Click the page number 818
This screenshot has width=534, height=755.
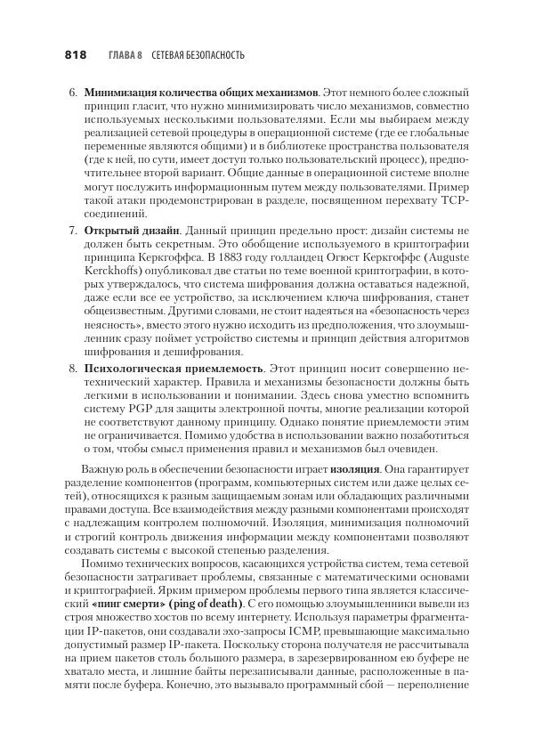pos(75,55)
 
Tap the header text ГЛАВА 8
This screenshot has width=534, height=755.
pos(125,55)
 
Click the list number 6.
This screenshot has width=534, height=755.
pos(72,92)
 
